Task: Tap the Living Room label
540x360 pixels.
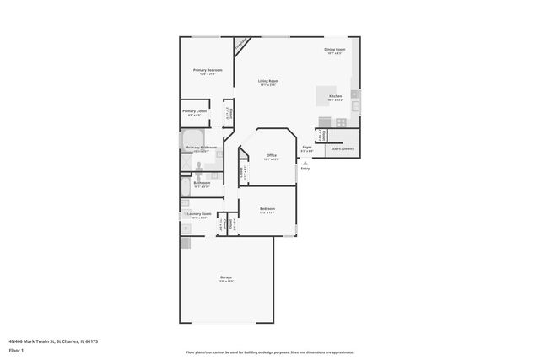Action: [269, 81]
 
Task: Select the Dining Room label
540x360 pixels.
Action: [335, 49]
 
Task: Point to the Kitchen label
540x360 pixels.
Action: [335, 96]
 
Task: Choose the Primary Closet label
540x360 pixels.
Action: [195, 110]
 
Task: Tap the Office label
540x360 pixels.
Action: [272, 155]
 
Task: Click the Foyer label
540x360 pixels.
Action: [307, 148]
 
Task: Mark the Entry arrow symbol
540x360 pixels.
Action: [305, 164]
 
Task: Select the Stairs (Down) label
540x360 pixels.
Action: [342, 148]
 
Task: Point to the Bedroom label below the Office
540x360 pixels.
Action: [267, 208]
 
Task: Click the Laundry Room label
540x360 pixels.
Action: [199, 214]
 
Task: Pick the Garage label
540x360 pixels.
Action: [226, 277]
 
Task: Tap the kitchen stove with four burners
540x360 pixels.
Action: [341, 121]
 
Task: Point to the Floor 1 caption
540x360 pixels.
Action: [16, 349]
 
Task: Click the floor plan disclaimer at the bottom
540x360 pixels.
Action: [269, 352]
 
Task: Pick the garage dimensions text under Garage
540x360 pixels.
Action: [226, 282]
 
